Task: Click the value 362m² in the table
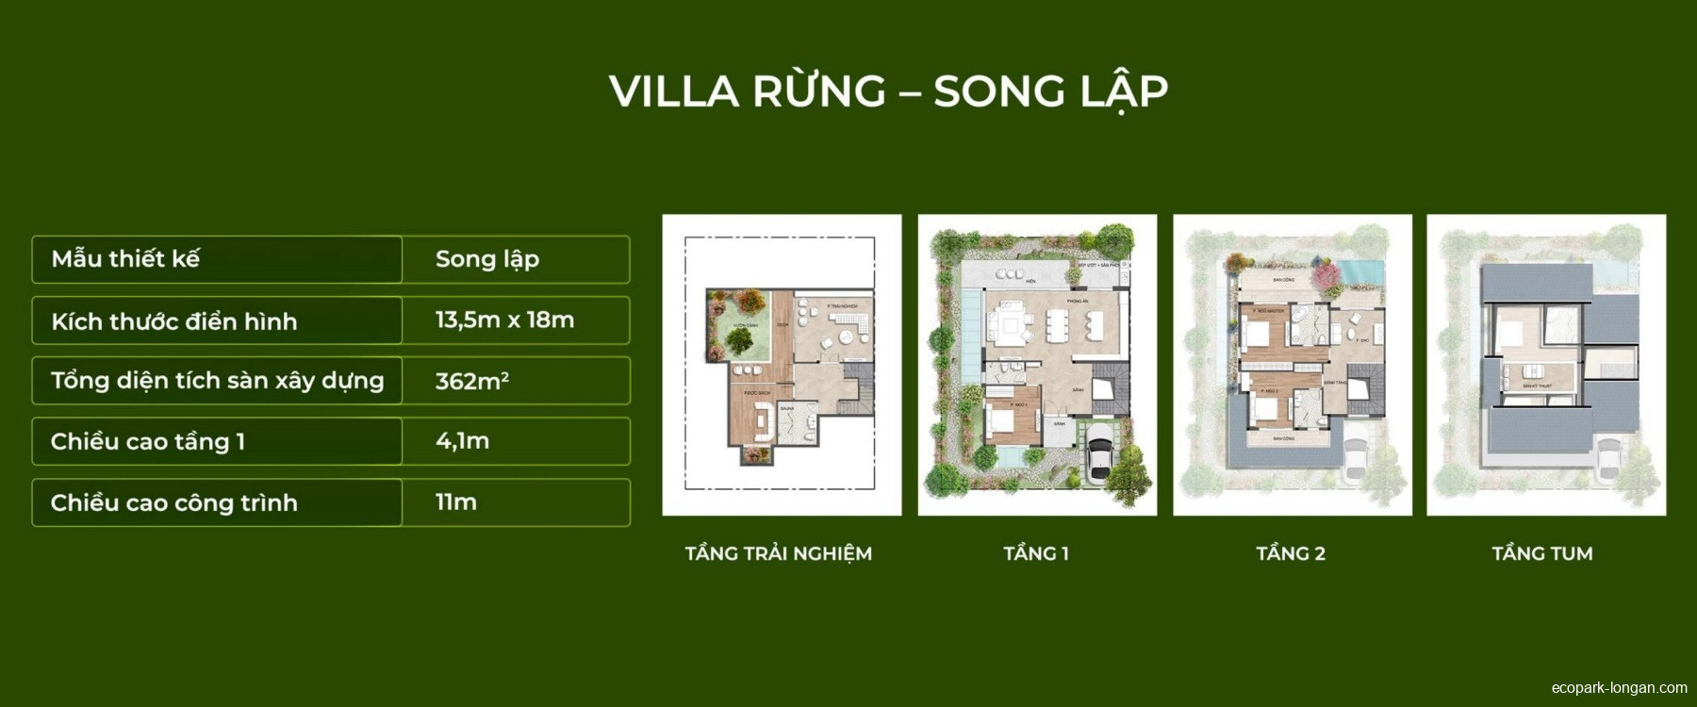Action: pyautogui.click(x=471, y=381)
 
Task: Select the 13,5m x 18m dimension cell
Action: pyautogui.click(x=504, y=320)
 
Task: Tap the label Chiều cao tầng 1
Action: pyautogui.click(x=148, y=441)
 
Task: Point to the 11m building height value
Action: pyautogui.click(x=455, y=502)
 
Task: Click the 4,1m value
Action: pyautogui.click(x=462, y=441)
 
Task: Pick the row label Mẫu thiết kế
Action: pyautogui.click(x=125, y=259)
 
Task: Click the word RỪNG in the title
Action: pyautogui.click(x=818, y=91)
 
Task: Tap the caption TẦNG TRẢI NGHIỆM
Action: pyautogui.click(x=779, y=553)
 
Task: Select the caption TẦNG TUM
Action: pyautogui.click(x=1542, y=553)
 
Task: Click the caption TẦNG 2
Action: pyautogui.click(x=1291, y=553)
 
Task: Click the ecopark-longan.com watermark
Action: pyautogui.click(x=1619, y=688)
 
